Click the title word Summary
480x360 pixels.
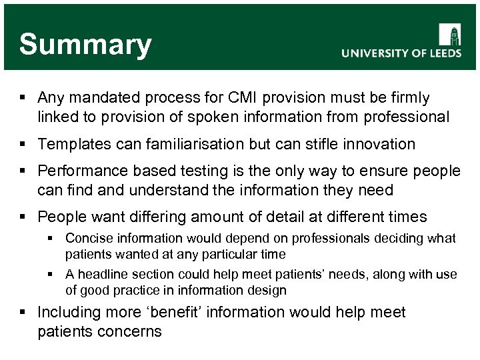click(x=85, y=45)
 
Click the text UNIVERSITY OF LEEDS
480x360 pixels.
click(x=401, y=54)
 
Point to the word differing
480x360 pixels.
click(x=160, y=217)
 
